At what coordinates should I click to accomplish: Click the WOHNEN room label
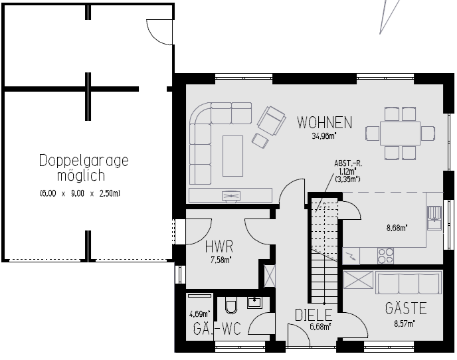tap(324, 122)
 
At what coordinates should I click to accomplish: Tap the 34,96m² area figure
tap(324, 136)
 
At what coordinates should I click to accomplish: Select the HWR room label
tap(219, 246)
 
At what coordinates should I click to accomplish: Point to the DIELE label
tap(314, 315)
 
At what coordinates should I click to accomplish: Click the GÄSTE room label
tap(406, 308)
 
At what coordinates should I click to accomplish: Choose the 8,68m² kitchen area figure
tap(397, 228)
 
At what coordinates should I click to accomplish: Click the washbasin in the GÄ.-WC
tap(254, 303)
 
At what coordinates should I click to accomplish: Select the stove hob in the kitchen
tap(385, 256)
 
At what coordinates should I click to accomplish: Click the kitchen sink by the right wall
tap(434, 217)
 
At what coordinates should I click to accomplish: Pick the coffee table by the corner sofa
tap(232, 156)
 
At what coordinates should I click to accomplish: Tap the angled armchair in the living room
tap(271, 121)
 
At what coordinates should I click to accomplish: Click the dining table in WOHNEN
tap(400, 134)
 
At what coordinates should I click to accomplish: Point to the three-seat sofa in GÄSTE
tap(409, 283)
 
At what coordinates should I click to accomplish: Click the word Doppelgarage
tap(84, 161)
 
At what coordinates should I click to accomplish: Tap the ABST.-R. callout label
tap(348, 163)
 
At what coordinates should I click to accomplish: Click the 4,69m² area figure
tap(200, 314)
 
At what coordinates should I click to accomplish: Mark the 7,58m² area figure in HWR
tap(221, 260)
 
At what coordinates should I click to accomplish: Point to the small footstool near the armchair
tap(260, 141)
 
